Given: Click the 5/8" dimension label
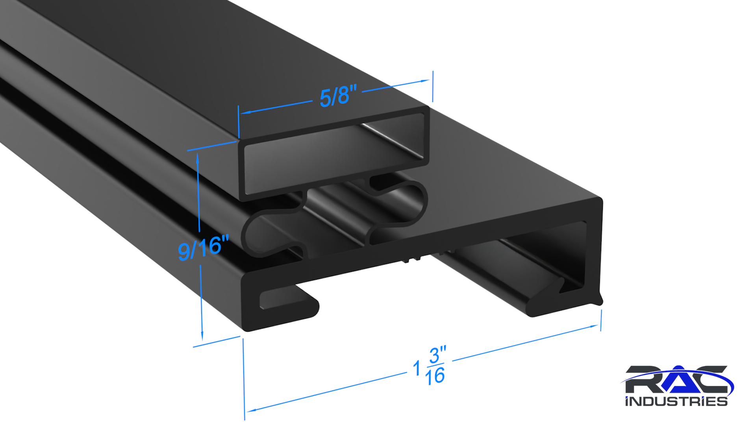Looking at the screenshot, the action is pyautogui.click(x=338, y=96).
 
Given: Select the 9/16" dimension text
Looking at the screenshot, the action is pyautogui.click(x=203, y=248).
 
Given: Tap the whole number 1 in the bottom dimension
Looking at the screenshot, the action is pyautogui.click(x=417, y=369).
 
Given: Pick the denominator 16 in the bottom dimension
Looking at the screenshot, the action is pyautogui.click(x=435, y=376).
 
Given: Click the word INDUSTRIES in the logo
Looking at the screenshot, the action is pyautogui.click(x=676, y=401).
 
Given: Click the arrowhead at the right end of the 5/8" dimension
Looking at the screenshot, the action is pyautogui.click(x=425, y=81).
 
